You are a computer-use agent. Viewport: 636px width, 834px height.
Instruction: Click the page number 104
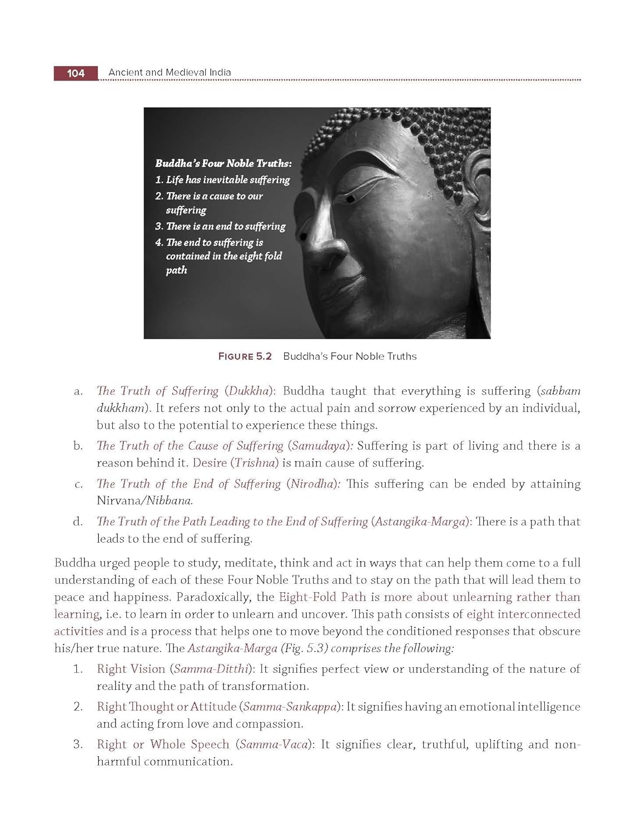[75, 73]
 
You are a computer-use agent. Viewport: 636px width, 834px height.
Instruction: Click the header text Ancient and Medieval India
[170, 72]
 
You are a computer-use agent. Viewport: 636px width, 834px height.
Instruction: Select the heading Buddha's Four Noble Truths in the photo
[223, 163]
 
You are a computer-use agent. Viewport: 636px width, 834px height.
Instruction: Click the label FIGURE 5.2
[245, 356]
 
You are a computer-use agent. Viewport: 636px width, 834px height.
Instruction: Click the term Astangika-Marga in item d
[420, 522]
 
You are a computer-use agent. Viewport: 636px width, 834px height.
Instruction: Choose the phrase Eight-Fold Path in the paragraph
[322, 597]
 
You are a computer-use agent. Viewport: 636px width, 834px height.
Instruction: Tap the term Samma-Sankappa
[290, 707]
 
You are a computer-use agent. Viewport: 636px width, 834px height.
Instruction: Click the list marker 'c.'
[78, 484]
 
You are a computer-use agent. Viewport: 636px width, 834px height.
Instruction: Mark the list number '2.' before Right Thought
[78, 707]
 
